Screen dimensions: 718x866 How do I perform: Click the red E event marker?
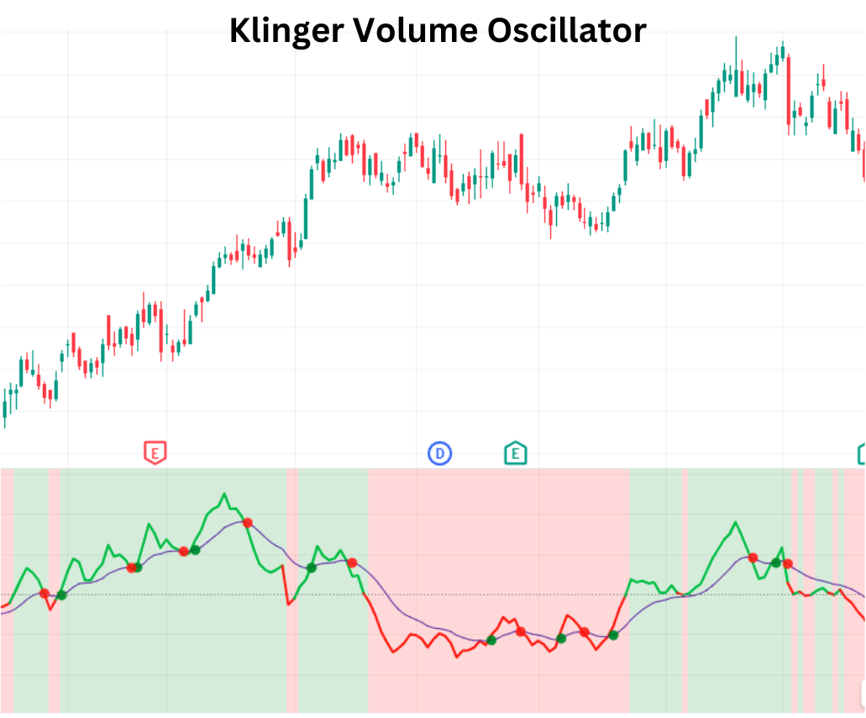[154, 453]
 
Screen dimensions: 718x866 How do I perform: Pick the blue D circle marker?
[439, 454]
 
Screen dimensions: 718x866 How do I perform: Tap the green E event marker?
[515, 454]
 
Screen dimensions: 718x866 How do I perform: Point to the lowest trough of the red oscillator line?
[457, 657]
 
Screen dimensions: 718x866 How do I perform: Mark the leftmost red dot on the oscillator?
[45, 594]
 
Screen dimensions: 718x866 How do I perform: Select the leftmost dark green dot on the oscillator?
[61, 595]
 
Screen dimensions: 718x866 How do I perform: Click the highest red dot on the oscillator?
[247, 522]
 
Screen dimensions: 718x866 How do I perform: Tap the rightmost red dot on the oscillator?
[788, 563]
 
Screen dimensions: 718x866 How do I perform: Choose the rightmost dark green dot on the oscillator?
[776, 562]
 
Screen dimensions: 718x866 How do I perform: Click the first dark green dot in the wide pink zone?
[491, 640]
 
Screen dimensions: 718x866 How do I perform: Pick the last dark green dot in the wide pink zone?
[613, 635]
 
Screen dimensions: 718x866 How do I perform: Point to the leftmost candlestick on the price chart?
[5, 408]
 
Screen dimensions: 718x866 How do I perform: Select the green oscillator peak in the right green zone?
[736, 522]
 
